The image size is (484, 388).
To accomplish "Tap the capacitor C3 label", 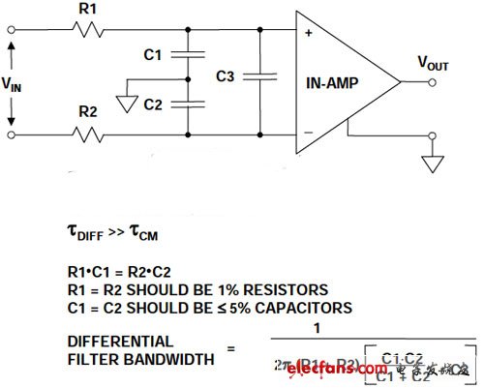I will (x=225, y=75).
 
